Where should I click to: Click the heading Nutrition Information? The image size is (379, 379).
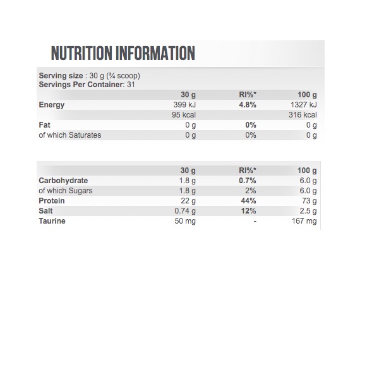[x=123, y=53]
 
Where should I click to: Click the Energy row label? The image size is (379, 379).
[x=52, y=105]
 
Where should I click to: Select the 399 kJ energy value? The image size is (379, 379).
[x=184, y=105]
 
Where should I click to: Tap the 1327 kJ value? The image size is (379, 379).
[x=304, y=105]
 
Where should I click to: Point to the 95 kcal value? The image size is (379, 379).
[x=184, y=115]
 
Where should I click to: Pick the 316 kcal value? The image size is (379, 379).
[x=303, y=115]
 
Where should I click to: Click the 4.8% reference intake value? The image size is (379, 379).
[x=247, y=105]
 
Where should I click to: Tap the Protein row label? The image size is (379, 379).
[x=52, y=201]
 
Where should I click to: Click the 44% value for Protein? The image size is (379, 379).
[x=248, y=201]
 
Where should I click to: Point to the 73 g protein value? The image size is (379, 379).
[x=308, y=201]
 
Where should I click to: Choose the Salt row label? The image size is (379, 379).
[x=46, y=211]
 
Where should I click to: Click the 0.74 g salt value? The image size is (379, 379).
[x=184, y=211]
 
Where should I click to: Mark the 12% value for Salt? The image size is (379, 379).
[x=248, y=211]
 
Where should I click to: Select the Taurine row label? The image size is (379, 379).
[x=52, y=221]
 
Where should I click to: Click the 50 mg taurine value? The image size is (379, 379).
[x=185, y=221]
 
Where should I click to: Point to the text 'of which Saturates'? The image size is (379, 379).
[x=69, y=135]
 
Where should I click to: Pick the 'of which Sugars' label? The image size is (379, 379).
[x=66, y=191]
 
